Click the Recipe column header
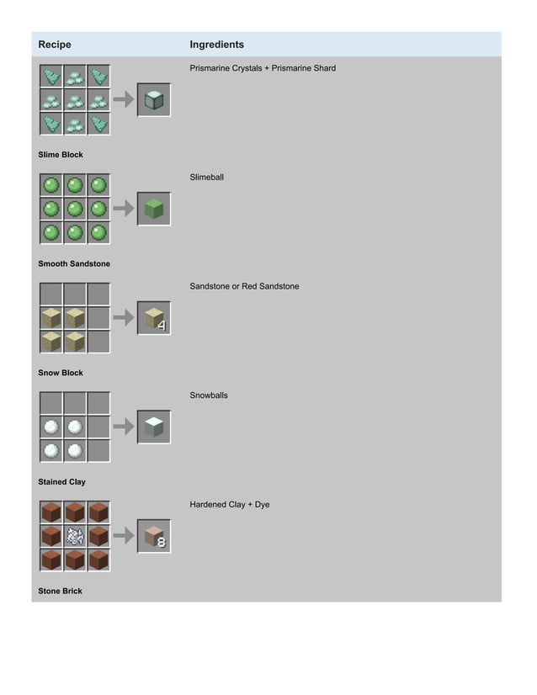tap(55, 45)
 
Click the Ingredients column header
tap(216, 45)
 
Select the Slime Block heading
tap(61, 155)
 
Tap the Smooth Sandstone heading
tap(74, 264)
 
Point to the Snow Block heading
tap(61, 373)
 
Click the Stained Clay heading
tap(61, 482)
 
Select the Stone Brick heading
tap(61, 592)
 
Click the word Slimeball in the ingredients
tap(207, 178)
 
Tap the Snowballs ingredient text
tap(209, 395)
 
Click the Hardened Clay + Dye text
tap(230, 505)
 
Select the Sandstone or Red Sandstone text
tap(244, 287)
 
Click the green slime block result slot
tap(154, 209)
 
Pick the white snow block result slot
tap(154, 427)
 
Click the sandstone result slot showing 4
tap(154, 318)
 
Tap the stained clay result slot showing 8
tap(154, 536)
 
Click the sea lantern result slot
tap(154, 99)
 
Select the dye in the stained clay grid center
tap(75, 536)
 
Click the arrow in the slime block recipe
tap(124, 209)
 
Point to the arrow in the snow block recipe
tap(124, 427)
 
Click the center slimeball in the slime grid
tap(75, 209)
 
